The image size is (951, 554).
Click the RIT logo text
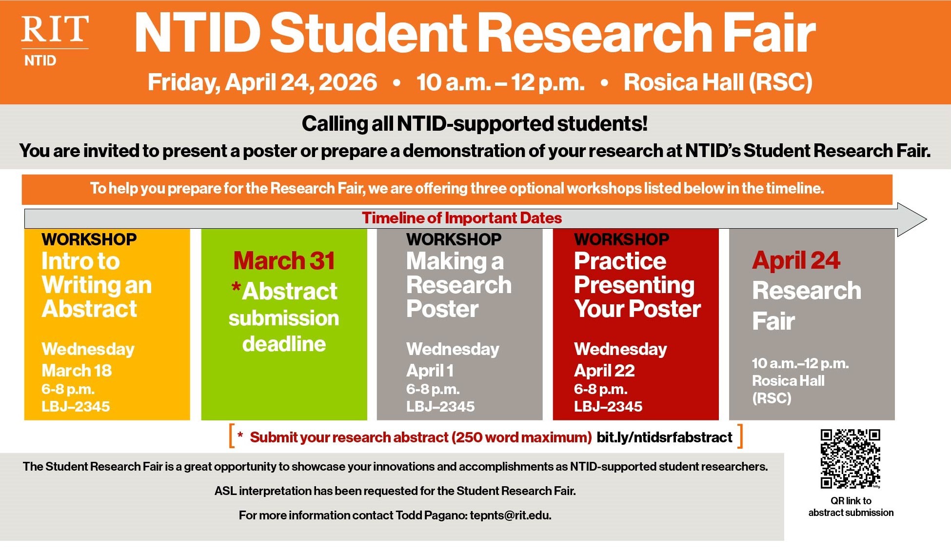tap(55, 29)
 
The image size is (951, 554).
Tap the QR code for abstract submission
tap(850, 458)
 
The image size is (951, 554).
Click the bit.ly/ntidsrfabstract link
tap(664, 437)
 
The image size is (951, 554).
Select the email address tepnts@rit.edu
tap(510, 515)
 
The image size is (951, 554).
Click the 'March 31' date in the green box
tap(284, 261)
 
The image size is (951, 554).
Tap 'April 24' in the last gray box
tap(796, 260)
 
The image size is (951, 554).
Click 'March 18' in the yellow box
tap(77, 371)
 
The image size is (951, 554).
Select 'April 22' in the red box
tap(604, 371)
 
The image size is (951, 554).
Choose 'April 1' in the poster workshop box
tap(430, 371)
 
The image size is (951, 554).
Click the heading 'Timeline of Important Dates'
tap(461, 218)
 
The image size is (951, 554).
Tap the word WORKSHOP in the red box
tap(621, 239)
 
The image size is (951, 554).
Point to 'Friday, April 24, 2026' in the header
tap(262, 82)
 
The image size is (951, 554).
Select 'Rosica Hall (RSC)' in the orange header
tap(718, 82)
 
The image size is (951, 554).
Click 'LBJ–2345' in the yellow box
tap(76, 406)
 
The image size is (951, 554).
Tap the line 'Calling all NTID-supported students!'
tap(475, 124)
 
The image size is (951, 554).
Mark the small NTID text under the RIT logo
tap(40, 61)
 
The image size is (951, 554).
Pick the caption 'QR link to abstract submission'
tap(851, 507)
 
